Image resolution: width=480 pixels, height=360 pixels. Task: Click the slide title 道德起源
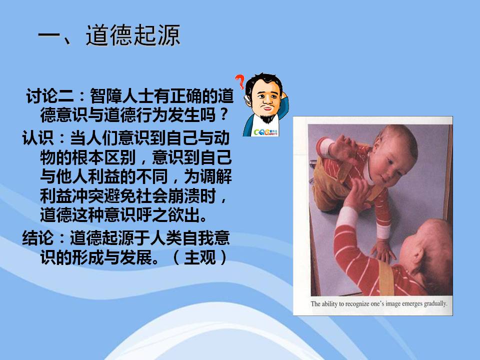click(133, 35)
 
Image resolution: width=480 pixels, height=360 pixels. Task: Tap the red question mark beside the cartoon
click(240, 82)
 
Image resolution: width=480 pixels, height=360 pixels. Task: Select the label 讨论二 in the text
click(50, 96)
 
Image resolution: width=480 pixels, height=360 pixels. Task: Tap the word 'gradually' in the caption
click(435, 304)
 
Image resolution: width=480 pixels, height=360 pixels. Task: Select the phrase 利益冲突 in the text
click(72, 196)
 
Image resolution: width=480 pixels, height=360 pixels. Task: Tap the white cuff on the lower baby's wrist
click(383, 231)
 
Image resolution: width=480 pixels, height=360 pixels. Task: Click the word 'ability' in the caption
click(329, 304)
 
